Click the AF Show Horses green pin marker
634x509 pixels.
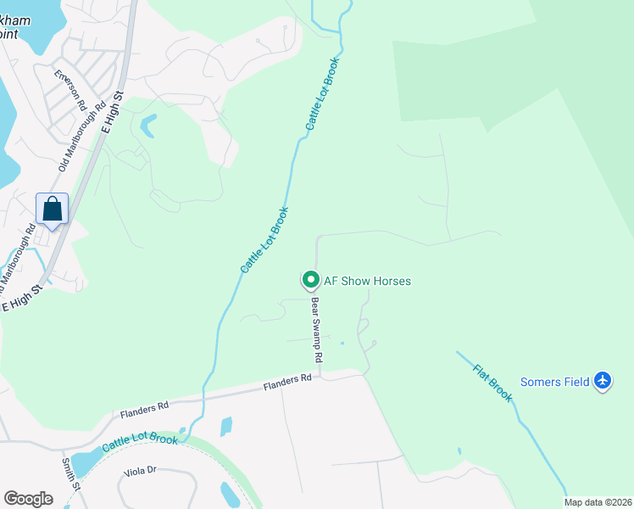tap(310, 279)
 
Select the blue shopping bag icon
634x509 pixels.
tap(52, 209)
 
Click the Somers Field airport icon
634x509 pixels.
tap(603, 381)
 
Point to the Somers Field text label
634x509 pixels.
tap(554, 382)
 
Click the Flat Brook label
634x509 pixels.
tap(492, 383)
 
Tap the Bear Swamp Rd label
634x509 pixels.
tap(316, 329)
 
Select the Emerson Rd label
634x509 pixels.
tap(70, 88)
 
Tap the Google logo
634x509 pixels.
tap(28, 498)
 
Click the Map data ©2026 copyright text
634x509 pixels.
tap(598, 502)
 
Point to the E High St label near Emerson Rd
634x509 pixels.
tap(113, 109)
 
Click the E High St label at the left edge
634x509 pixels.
tap(23, 298)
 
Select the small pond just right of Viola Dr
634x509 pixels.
tap(230, 493)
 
